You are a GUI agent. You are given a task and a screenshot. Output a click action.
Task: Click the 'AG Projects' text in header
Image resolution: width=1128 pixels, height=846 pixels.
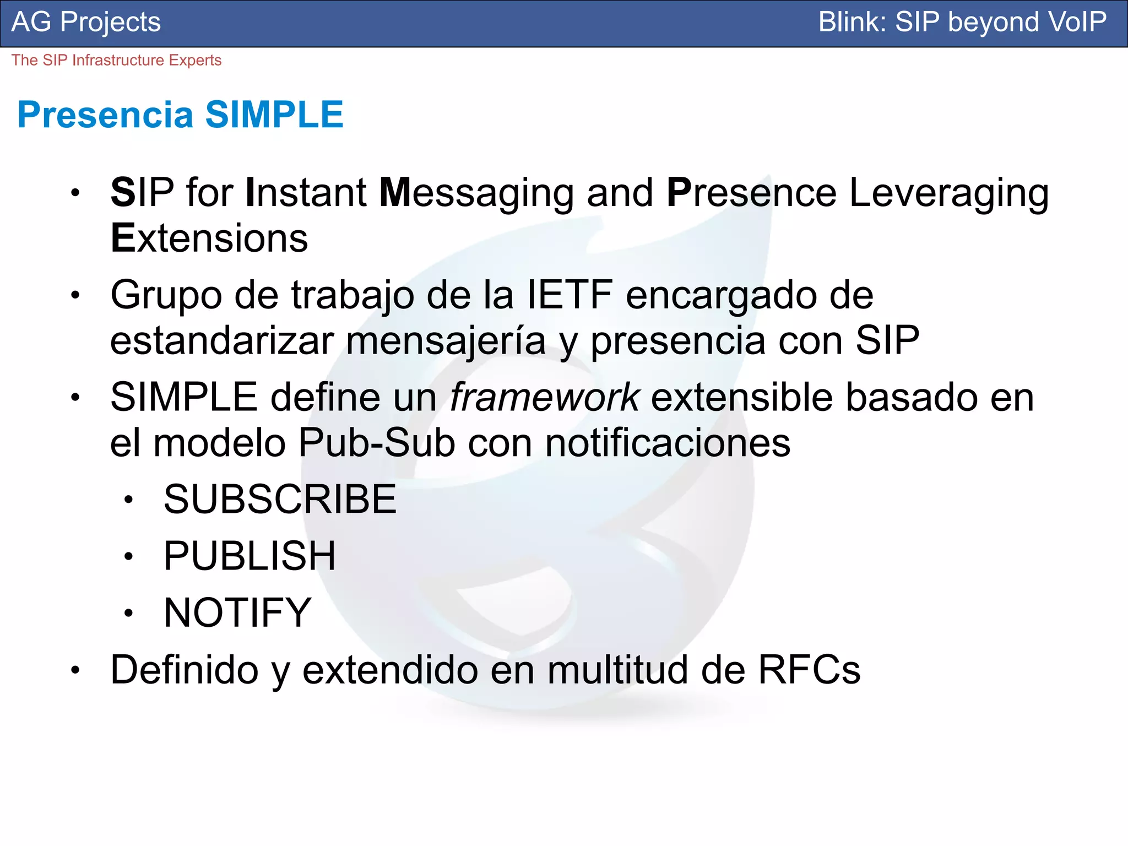pos(86,22)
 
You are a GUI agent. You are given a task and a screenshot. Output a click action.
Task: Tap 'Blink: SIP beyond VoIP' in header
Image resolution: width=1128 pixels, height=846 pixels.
pos(962,22)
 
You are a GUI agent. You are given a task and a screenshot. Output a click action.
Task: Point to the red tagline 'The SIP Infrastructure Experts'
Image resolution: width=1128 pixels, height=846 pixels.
pos(116,60)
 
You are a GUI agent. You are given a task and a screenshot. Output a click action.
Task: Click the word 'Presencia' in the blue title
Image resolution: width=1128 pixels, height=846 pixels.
pos(105,115)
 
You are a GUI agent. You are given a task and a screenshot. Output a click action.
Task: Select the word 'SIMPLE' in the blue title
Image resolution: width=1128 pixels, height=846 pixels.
pos(274,115)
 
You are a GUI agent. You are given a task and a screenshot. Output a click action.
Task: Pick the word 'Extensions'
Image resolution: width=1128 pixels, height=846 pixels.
pos(209,238)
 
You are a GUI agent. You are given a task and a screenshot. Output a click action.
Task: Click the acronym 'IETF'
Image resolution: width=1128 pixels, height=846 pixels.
pos(570,295)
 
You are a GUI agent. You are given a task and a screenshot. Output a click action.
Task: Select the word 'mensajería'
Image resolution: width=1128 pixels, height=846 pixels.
pos(446,341)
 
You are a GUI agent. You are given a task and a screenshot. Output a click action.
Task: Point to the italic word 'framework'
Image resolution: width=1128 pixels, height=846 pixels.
pos(544,397)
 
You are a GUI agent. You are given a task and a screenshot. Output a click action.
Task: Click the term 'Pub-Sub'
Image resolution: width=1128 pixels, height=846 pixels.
pos(377,443)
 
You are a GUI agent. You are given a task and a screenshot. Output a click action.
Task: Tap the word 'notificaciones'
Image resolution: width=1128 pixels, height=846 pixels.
pos(668,443)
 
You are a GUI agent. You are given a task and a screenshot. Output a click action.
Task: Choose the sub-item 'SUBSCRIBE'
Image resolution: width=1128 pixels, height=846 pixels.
pos(280,500)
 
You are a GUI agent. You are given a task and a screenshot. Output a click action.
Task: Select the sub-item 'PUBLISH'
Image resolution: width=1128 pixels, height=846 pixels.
pos(250,556)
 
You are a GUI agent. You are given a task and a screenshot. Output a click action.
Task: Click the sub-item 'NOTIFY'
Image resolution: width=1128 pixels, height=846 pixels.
pos(237,612)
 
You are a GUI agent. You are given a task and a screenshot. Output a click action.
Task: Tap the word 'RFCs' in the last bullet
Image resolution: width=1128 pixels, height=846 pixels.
pos(809,670)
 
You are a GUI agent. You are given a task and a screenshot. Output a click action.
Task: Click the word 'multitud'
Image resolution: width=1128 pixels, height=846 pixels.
pos(618,670)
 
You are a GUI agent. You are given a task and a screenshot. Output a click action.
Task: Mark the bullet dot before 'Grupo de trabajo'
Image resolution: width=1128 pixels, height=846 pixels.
pos(75,296)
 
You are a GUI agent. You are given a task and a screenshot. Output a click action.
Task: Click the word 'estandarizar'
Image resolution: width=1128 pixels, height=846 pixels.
pos(222,341)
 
